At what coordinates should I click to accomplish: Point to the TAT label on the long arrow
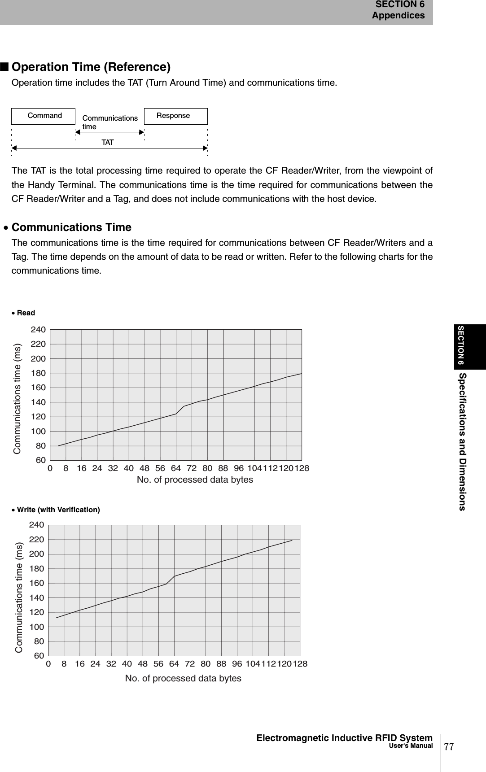pyautogui.click(x=108, y=143)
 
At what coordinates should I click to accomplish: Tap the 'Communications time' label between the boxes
pyautogui.click(x=110, y=122)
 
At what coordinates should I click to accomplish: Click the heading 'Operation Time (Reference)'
pyautogui.click(x=91, y=67)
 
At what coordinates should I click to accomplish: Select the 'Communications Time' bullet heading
pyautogui.click(x=71, y=227)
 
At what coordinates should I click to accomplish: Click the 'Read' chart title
pyautogui.click(x=26, y=313)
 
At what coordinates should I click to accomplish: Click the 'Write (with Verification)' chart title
pyautogui.click(x=58, y=510)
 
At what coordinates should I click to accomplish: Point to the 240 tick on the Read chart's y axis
pyautogui.click(x=38, y=330)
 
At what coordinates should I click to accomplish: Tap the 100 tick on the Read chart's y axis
pyautogui.click(x=38, y=432)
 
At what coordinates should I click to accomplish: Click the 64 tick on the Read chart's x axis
pyautogui.click(x=176, y=468)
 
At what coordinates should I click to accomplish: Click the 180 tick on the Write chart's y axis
pyautogui.click(x=37, y=569)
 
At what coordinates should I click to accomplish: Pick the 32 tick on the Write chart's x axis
pyautogui.click(x=111, y=663)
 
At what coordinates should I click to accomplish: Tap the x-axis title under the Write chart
pyautogui.click(x=183, y=678)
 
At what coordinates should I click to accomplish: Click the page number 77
pyautogui.click(x=449, y=746)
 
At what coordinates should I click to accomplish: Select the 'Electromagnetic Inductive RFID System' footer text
pyautogui.click(x=344, y=738)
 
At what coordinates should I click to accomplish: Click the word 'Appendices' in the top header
pyautogui.click(x=398, y=16)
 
